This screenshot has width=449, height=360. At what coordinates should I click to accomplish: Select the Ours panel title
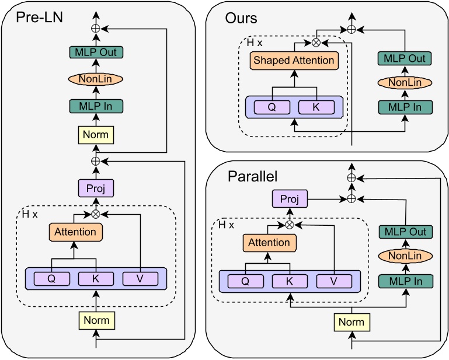[241, 18]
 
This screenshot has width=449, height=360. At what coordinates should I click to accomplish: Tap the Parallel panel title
[252, 176]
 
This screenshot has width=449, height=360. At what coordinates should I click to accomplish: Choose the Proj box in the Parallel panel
[289, 199]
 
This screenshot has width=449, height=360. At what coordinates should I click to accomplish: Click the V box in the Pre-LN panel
[140, 278]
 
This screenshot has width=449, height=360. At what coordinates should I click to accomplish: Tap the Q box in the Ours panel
[272, 108]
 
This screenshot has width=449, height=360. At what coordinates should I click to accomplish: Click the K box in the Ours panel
[316, 108]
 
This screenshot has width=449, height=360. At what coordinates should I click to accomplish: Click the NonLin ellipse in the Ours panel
[405, 83]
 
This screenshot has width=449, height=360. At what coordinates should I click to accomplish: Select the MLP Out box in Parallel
[405, 232]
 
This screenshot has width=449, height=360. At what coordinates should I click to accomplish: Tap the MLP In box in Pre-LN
[95, 106]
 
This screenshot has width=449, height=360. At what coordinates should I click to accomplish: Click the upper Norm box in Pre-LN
[95, 135]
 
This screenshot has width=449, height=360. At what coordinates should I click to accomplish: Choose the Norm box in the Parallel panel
[351, 321]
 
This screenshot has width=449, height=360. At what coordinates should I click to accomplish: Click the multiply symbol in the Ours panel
[316, 42]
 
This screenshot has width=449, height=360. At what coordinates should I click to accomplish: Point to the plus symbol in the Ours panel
[351, 29]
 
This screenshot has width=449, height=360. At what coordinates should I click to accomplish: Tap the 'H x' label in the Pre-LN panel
[30, 215]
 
